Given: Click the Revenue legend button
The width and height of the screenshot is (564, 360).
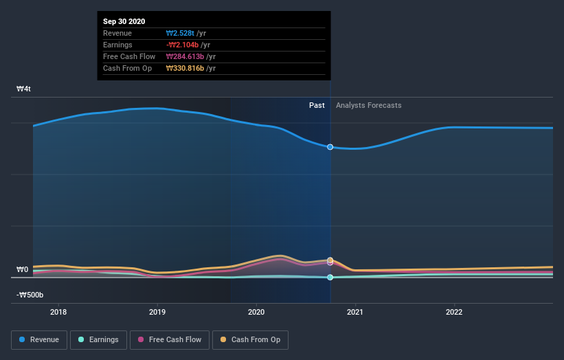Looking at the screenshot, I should click(x=40, y=339).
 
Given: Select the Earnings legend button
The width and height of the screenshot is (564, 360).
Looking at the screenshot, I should click(x=98, y=339).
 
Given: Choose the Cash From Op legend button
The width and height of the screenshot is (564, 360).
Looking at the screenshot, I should click(x=251, y=339).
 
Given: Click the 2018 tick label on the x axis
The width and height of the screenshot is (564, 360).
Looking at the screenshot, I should click(x=58, y=312).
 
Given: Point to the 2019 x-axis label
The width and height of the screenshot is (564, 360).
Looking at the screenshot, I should click(x=157, y=312).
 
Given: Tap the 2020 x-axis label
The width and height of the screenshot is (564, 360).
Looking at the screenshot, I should click(x=256, y=312).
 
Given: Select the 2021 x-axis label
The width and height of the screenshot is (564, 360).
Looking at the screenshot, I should click(x=355, y=312).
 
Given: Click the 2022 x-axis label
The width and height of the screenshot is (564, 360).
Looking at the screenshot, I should click(x=454, y=312).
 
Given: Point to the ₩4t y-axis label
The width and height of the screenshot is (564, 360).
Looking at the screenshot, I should click(x=24, y=89).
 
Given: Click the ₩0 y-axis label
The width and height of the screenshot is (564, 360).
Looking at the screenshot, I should click(x=23, y=270).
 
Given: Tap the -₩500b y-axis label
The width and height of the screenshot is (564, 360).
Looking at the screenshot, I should click(x=30, y=295).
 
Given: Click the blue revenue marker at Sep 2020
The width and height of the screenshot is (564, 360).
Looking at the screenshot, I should click(x=330, y=147).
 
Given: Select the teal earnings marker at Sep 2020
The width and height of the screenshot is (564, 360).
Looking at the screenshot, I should click(x=330, y=278).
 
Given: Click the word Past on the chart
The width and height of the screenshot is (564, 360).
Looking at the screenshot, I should click(x=317, y=105).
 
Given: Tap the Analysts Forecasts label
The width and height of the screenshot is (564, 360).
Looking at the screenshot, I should click(x=368, y=105).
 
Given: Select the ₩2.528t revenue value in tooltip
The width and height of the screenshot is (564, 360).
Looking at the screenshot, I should click(x=181, y=33).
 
